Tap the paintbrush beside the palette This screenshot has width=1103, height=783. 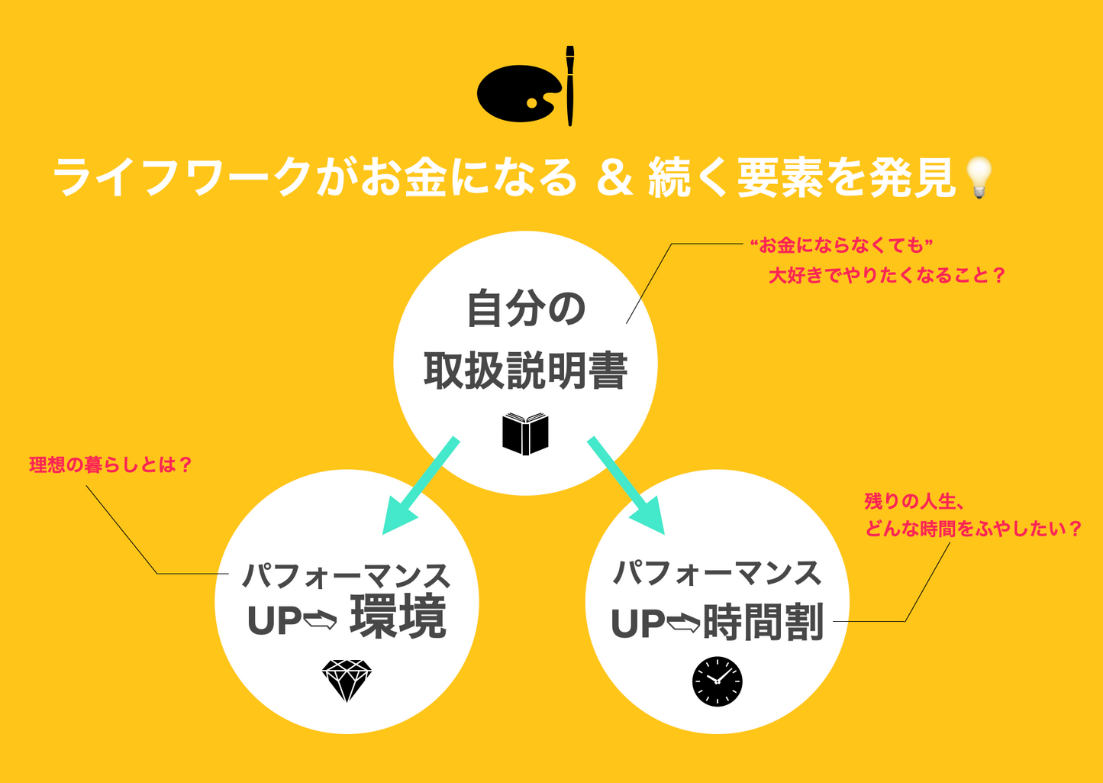569,86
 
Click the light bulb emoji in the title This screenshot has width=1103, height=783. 979,177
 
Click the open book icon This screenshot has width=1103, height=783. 525,434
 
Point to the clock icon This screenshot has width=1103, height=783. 717,681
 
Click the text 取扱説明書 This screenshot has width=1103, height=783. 525,371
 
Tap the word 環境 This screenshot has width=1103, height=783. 398,617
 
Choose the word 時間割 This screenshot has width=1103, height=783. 763,622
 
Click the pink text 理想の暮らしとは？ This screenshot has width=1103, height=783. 111,464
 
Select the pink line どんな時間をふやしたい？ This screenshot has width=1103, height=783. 973,529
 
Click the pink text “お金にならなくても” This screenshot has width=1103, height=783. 842,245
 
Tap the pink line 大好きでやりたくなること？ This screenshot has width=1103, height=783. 886,275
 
